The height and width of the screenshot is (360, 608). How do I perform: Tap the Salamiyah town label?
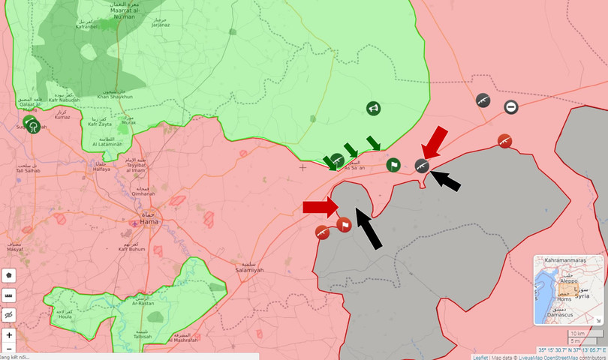point(249,270)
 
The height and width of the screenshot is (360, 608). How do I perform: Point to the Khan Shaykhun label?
point(115,97)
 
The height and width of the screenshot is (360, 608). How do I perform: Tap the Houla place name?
point(65,317)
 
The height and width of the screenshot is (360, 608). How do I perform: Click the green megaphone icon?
point(373,109)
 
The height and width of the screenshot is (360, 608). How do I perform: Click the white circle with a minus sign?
point(510,107)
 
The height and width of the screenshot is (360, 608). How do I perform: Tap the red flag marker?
point(344,224)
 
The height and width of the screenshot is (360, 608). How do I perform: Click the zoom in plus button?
point(9,335)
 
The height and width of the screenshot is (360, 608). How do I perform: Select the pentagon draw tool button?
point(9,275)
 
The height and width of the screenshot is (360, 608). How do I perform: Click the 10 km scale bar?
point(576,333)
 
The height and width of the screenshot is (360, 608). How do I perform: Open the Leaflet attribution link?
point(480,357)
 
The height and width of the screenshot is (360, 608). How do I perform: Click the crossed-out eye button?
point(9,316)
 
